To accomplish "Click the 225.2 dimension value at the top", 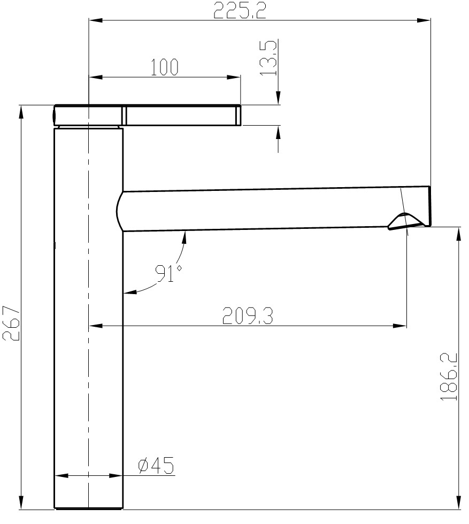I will [x=240, y=10].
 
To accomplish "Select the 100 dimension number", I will [x=164, y=67].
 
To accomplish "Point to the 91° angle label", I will [x=168, y=273].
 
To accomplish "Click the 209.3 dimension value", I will [x=247, y=317].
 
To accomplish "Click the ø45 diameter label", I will [x=156, y=466].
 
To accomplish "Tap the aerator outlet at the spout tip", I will [x=405, y=221].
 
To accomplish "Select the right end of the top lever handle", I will [x=238, y=115].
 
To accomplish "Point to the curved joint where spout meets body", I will [x=119, y=212].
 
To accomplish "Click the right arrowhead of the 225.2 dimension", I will [x=425, y=20].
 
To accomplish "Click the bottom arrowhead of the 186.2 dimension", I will [x=459, y=503].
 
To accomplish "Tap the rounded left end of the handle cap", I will [x=55, y=115].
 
